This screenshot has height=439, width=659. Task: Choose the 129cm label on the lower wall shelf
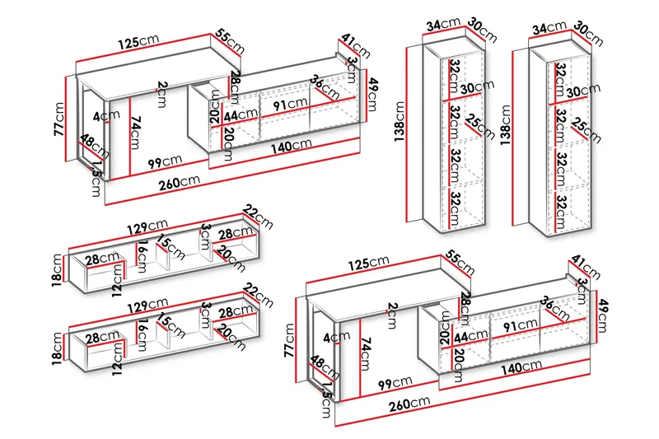148,303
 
